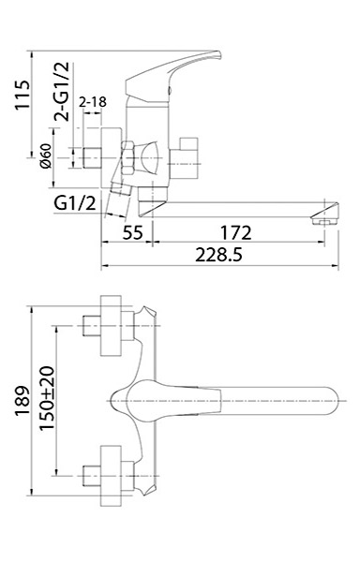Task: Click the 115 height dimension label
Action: pyautogui.click(x=22, y=96)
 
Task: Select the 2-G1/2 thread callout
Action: pyautogui.click(x=61, y=92)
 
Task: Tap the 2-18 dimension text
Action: pyautogui.click(x=93, y=102)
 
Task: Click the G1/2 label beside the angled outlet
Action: pyautogui.click(x=75, y=203)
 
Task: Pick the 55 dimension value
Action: pyautogui.click(x=133, y=232)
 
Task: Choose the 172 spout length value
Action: pyautogui.click(x=235, y=232)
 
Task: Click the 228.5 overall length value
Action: pyautogui.click(x=218, y=255)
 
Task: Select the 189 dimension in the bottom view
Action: pyautogui.click(x=22, y=401)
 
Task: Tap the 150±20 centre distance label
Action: pyautogui.click(x=47, y=398)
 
